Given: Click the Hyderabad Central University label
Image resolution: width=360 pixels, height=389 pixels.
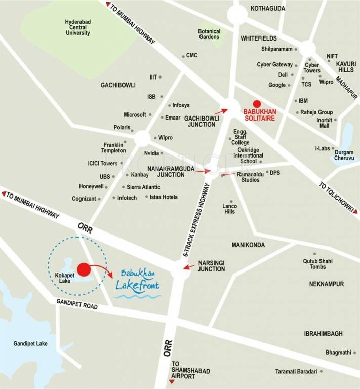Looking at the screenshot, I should [77, 27].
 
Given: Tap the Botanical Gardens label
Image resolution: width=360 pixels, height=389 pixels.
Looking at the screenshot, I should [209, 34].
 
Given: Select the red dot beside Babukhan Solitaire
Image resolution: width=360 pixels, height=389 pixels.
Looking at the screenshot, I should [257, 104].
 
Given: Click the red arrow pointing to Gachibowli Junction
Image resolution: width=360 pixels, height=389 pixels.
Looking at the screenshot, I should [220, 110].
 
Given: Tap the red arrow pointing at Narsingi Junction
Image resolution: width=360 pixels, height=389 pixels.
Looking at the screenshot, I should [189, 266].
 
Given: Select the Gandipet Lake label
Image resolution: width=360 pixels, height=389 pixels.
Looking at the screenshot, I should [30, 343].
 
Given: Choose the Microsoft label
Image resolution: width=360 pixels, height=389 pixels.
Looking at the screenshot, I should [135, 115].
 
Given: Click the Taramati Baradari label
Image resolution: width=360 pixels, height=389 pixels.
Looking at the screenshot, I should [296, 371].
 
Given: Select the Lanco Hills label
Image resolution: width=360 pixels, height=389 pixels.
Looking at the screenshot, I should [229, 208].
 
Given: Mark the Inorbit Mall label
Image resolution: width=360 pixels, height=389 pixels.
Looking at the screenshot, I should [324, 123].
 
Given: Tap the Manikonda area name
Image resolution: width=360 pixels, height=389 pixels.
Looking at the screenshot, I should [248, 245].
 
